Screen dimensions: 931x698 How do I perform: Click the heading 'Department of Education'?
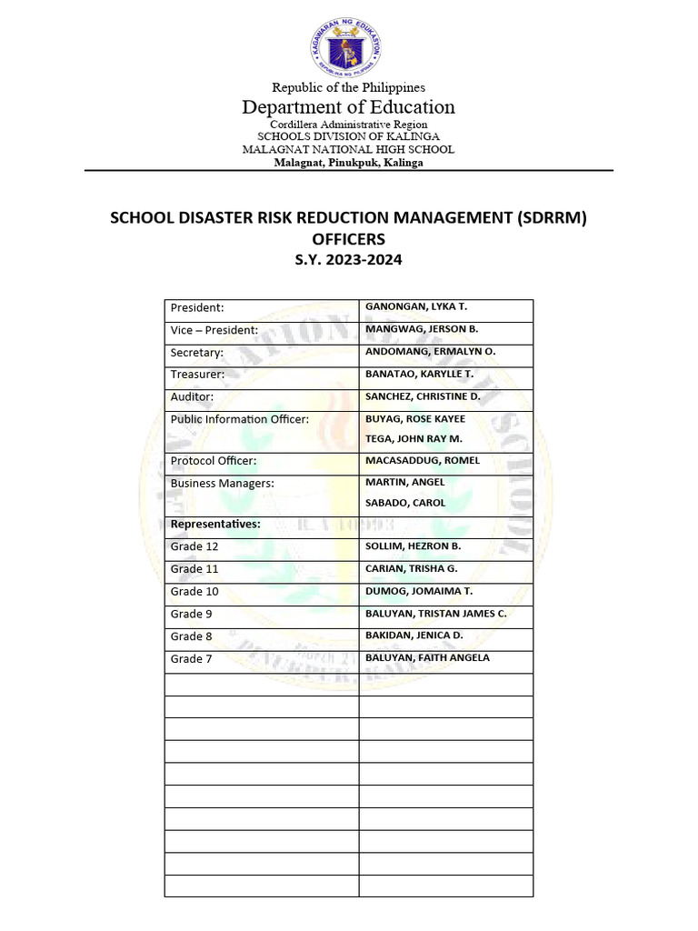[x=349, y=107]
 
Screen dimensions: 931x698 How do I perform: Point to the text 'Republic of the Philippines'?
[x=349, y=87]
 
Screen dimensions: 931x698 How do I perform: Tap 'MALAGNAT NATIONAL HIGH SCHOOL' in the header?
[x=349, y=149]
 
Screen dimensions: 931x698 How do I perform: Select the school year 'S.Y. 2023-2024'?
[x=349, y=259]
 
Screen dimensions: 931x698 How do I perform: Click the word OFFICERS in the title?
[x=349, y=239]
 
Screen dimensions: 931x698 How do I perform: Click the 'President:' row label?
[x=197, y=308]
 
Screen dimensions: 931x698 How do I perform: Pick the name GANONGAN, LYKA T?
[x=415, y=307]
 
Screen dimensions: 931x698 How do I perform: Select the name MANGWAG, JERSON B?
[x=422, y=329]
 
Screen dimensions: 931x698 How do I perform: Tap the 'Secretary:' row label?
[x=196, y=353]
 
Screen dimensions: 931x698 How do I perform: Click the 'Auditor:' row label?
[x=193, y=397]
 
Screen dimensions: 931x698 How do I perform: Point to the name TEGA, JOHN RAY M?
[x=414, y=438]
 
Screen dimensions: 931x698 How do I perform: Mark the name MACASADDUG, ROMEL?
[x=423, y=461]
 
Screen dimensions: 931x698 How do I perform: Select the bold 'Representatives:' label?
[x=215, y=525]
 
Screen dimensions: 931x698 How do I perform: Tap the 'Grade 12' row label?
[x=194, y=547]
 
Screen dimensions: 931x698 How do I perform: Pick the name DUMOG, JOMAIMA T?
[x=419, y=591]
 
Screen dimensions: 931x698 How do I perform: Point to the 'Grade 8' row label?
[x=191, y=636]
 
